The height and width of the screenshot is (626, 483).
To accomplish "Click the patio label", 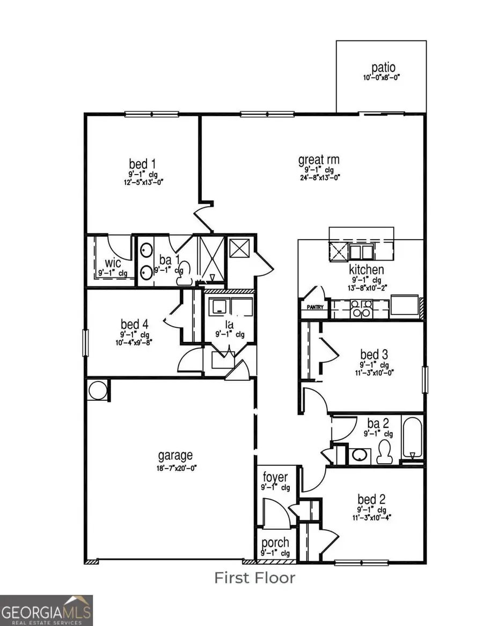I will tap(383, 68).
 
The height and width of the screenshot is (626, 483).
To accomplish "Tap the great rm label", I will tap(319, 160).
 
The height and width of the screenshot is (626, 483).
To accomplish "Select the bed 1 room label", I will tap(142, 163).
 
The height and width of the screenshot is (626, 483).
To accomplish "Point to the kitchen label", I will tap(367, 269).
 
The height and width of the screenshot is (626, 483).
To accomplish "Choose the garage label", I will tap(175, 456).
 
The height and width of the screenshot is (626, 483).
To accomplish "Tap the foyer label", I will tap(275, 477).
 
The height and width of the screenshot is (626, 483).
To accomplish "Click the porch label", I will tap(275, 543).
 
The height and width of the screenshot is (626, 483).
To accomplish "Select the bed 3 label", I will tap(374, 355).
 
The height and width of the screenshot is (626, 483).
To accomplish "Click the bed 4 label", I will tap(134, 324).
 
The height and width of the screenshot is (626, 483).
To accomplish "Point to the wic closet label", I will tap(113, 263).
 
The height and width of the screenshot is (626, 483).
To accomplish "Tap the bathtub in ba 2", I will tap(412, 438).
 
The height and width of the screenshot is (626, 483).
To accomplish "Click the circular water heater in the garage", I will tap(98, 390).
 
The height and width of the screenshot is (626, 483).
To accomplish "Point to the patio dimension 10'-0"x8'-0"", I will tap(382, 78).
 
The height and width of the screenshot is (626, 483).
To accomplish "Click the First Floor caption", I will tap(255, 578).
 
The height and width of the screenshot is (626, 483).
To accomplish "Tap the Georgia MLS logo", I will tap(47, 610).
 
